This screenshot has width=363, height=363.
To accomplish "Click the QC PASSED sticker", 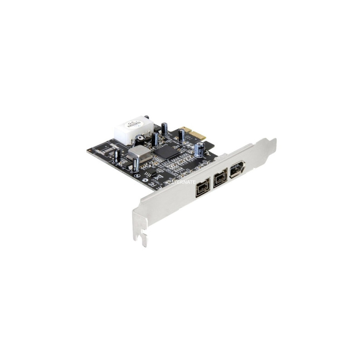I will [133, 124].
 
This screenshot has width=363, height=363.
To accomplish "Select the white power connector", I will [132, 132].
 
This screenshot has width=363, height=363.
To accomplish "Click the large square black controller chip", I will [166, 152].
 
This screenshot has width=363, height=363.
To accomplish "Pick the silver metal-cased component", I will [139, 153].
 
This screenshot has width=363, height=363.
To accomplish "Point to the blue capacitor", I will [199, 149].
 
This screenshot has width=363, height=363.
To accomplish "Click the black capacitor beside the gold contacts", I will [181, 134].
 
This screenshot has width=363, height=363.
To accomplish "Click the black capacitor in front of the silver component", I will [136, 164].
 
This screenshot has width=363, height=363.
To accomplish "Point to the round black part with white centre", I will [140, 138].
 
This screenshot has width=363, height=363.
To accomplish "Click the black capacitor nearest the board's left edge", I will [117, 155].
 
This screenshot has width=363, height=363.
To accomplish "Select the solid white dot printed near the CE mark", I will [145, 180].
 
